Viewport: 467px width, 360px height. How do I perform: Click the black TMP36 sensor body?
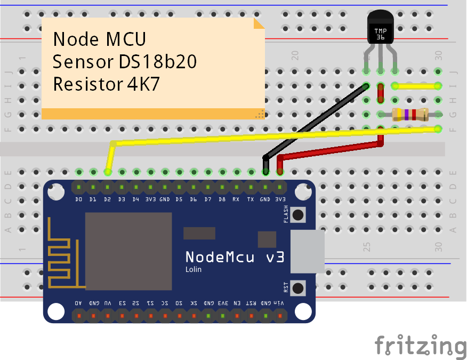pos(380,29)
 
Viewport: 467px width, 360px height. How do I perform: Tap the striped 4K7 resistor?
pos(409,114)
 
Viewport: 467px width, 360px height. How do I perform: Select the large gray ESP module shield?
pos(128,251)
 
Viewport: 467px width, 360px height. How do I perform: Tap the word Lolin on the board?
pos(194,270)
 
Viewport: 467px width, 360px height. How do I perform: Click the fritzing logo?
pos(420,346)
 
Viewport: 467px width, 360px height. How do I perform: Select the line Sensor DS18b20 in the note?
pos(125,62)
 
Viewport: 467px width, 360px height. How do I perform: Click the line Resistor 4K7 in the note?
pos(106,84)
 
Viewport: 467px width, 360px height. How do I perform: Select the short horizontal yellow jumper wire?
pos(416,85)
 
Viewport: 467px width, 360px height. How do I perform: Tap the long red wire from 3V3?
pos(331,149)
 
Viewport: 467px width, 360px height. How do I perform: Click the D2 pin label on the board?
pos(108,199)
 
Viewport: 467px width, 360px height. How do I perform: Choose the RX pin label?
pos(236,199)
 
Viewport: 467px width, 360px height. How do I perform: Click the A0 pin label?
pos(78,303)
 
